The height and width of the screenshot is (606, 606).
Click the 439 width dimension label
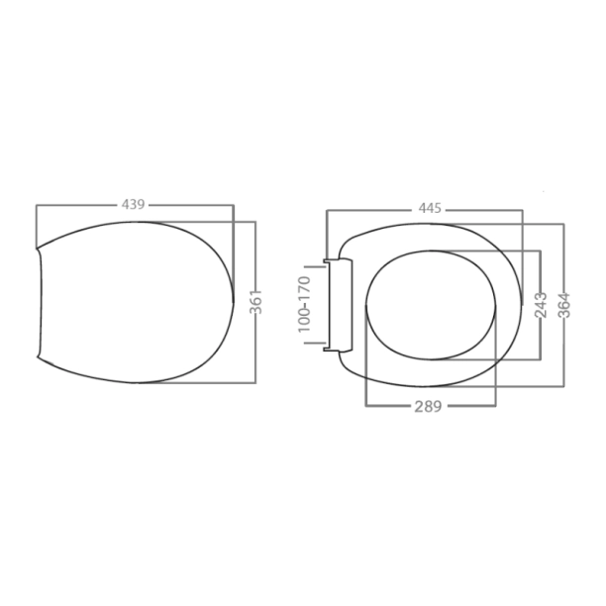click(x=134, y=205)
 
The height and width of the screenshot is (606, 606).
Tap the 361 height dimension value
click(x=255, y=302)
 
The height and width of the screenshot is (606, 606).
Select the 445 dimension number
click(x=429, y=209)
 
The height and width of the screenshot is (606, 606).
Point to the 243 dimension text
click(x=540, y=306)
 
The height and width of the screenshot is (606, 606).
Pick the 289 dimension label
click(x=428, y=406)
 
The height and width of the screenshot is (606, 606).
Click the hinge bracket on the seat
click(x=340, y=303)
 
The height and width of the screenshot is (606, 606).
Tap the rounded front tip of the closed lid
click(x=232, y=297)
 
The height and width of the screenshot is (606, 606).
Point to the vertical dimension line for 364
click(x=563, y=257)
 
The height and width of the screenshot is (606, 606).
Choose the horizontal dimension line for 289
click(x=386, y=406)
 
